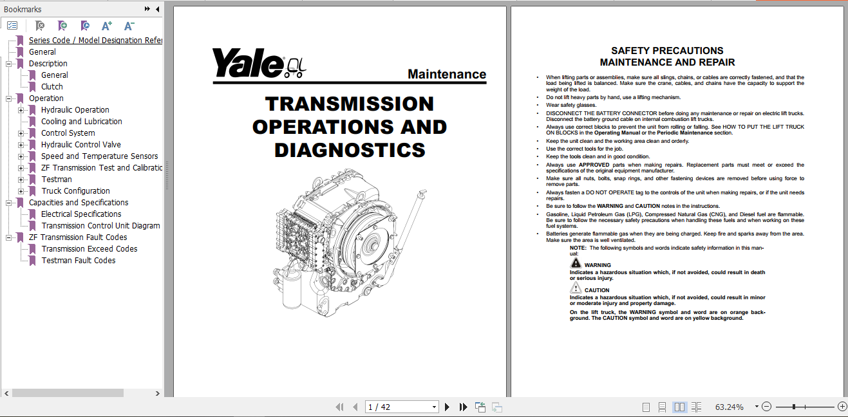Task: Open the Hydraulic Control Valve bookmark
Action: [80, 145]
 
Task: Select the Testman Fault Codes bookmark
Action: [78, 261]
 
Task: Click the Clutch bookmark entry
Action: [52, 87]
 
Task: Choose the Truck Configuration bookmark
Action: [75, 191]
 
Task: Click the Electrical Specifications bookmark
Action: [81, 214]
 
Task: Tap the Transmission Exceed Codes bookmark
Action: [89, 249]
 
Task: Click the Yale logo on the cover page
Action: [249, 63]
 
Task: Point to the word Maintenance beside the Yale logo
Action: [447, 75]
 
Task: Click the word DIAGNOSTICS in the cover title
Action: [350, 150]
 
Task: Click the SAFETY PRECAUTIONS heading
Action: [667, 51]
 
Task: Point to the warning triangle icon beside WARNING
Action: [576, 263]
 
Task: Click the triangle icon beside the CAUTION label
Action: [576, 289]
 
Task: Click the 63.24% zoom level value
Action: [729, 407]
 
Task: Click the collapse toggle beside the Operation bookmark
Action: [9, 98]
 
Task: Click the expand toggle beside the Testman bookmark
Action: [21, 180]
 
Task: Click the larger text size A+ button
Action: [107, 26]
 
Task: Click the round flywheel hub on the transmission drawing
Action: [372, 245]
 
